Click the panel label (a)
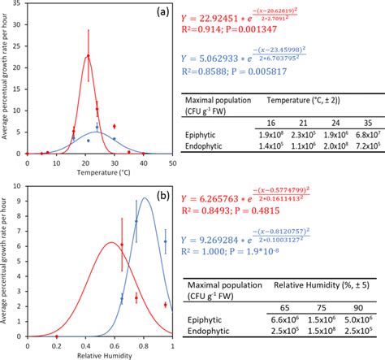point(162,12)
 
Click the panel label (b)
point(162,196)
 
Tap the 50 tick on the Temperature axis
point(172,160)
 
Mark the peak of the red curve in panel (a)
point(88,57)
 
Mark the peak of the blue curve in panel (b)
point(145,220)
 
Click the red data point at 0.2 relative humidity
point(56,336)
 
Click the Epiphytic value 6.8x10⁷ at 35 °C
point(361,133)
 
